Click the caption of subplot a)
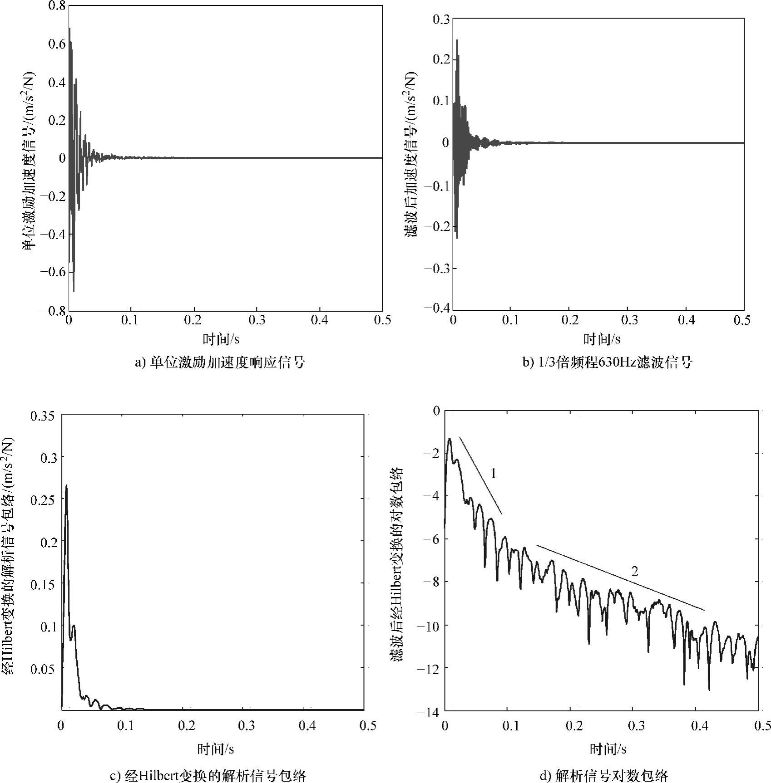point(221,362)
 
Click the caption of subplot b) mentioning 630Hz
point(607,362)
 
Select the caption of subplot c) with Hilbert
point(208,775)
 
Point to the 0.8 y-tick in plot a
point(56,5)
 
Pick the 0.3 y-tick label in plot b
point(440,19)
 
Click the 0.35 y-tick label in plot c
point(45,416)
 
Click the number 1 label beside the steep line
point(493,474)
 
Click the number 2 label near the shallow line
point(635,572)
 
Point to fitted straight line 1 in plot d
point(480,475)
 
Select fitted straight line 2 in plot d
point(620,577)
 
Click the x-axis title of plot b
point(602,339)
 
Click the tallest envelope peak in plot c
point(66,486)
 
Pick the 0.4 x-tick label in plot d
point(699,726)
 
